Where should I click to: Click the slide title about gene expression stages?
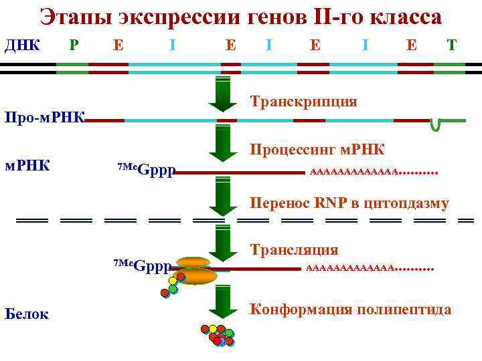240,17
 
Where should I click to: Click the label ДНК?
23,45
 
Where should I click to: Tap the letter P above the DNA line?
74,45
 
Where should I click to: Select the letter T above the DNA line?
452,45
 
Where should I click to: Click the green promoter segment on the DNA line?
72,67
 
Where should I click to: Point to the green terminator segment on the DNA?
449,67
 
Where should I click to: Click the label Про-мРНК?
44,118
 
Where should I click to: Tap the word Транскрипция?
303,101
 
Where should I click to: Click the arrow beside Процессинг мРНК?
223,143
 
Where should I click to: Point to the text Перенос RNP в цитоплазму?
349,203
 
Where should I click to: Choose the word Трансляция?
294,249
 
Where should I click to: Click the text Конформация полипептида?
351,309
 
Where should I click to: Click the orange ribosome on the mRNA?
195,271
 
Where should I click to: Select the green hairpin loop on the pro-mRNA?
436,124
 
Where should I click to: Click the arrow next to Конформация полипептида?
223,304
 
